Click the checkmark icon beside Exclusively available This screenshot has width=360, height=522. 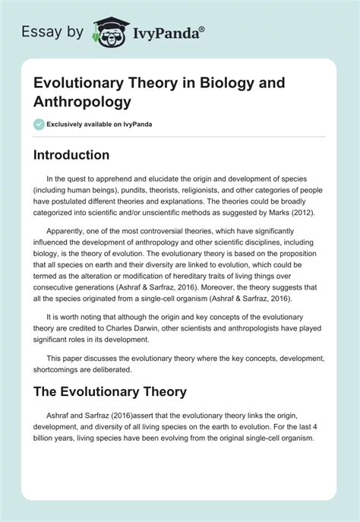tap(39, 125)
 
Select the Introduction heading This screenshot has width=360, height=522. tap(71, 154)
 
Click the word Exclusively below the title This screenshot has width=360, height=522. tap(68, 125)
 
